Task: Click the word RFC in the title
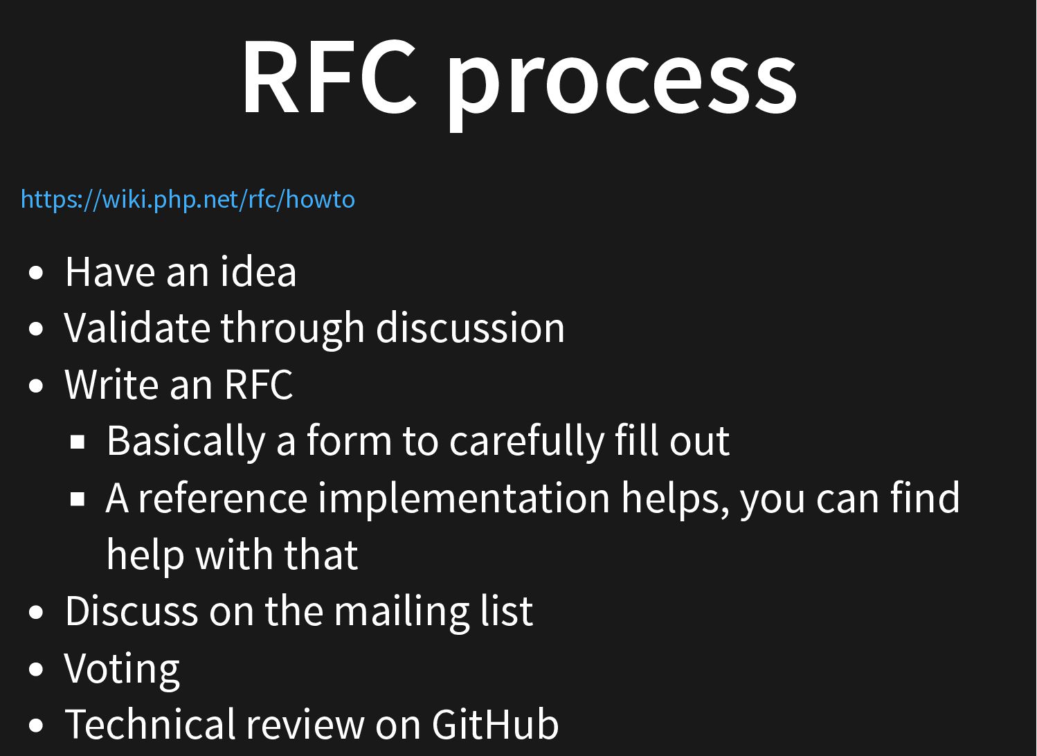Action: pos(330,76)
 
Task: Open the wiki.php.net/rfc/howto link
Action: pos(188,199)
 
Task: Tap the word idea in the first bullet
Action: pos(258,271)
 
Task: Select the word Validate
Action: pos(136,327)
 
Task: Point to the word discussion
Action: pos(470,327)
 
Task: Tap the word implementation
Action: pos(464,499)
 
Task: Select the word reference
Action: pos(223,498)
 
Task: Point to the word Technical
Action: pos(150,724)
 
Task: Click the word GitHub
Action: pos(496,724)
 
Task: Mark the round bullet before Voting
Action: pos(35,669)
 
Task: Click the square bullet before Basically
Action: pos(78,442)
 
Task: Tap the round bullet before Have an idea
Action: pos(35,273)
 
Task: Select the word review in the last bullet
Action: pos(305,725)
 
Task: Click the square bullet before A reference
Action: pos(78,499)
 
